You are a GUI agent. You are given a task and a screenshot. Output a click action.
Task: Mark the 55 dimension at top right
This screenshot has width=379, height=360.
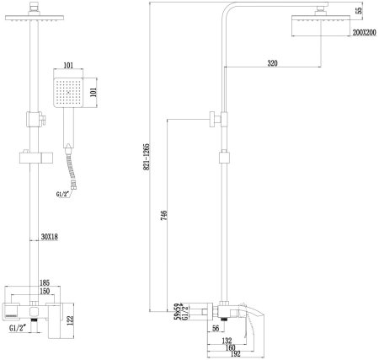tap(359, 11)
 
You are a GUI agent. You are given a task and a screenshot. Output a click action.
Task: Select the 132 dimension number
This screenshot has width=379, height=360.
tap(228, 340)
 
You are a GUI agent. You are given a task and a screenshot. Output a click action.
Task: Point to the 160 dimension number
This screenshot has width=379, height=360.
tap(228, 347)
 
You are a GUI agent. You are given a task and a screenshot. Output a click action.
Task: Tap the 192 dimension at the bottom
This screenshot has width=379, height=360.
tap(228, 356)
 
